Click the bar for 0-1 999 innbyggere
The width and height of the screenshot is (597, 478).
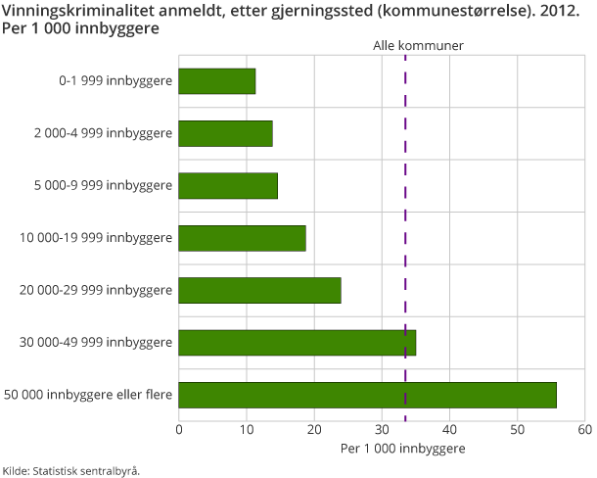click(217, 81)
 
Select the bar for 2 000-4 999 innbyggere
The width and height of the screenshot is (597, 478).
click(225, 133)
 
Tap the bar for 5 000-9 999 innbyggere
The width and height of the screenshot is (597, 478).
click(228, 185)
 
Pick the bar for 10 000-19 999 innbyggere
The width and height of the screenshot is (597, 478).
click(242, 238)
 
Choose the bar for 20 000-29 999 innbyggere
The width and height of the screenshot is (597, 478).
click(259, 290)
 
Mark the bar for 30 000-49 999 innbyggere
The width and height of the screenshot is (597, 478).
click(297, 342)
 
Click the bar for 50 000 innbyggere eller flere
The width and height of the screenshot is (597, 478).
click(367, 395)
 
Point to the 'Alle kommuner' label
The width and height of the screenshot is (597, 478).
click(419, 46)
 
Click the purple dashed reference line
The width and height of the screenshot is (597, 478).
click(405, 264)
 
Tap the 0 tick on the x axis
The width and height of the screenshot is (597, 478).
click(179, 429)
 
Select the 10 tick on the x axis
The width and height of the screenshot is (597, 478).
click(247, 429)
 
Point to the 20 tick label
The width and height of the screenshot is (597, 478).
click(314, 429)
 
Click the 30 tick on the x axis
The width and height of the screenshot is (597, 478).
click(382, 429)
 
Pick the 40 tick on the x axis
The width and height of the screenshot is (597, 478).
click(449, 429)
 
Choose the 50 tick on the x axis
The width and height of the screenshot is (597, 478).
click(517, 429)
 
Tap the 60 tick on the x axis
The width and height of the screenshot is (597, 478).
click(584, 429)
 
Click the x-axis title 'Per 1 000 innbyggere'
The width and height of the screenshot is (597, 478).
click(402, 448)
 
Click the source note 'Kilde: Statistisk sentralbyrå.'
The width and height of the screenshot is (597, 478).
click(70, 470)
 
